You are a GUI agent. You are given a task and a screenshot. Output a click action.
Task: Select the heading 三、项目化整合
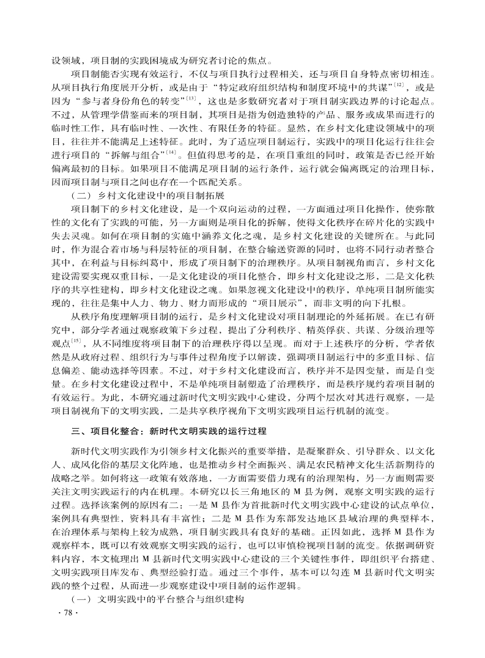pyautogui.click(x=109, y=431)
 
